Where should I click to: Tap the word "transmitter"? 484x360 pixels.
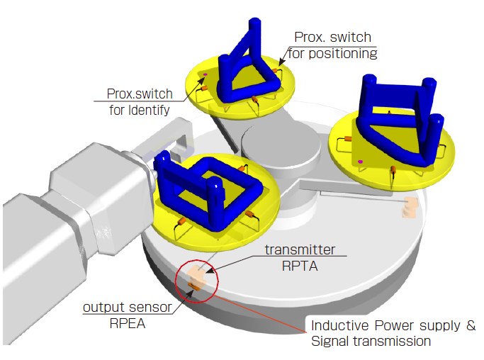click(x=300, y=249)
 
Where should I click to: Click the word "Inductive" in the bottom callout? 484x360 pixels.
click(x=339, y=326)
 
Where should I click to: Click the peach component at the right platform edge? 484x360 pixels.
click(x=409, y=207)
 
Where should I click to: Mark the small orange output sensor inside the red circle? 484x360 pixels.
click(x=193, y=286)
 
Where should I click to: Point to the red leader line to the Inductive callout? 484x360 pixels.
click(x=262, y=312)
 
